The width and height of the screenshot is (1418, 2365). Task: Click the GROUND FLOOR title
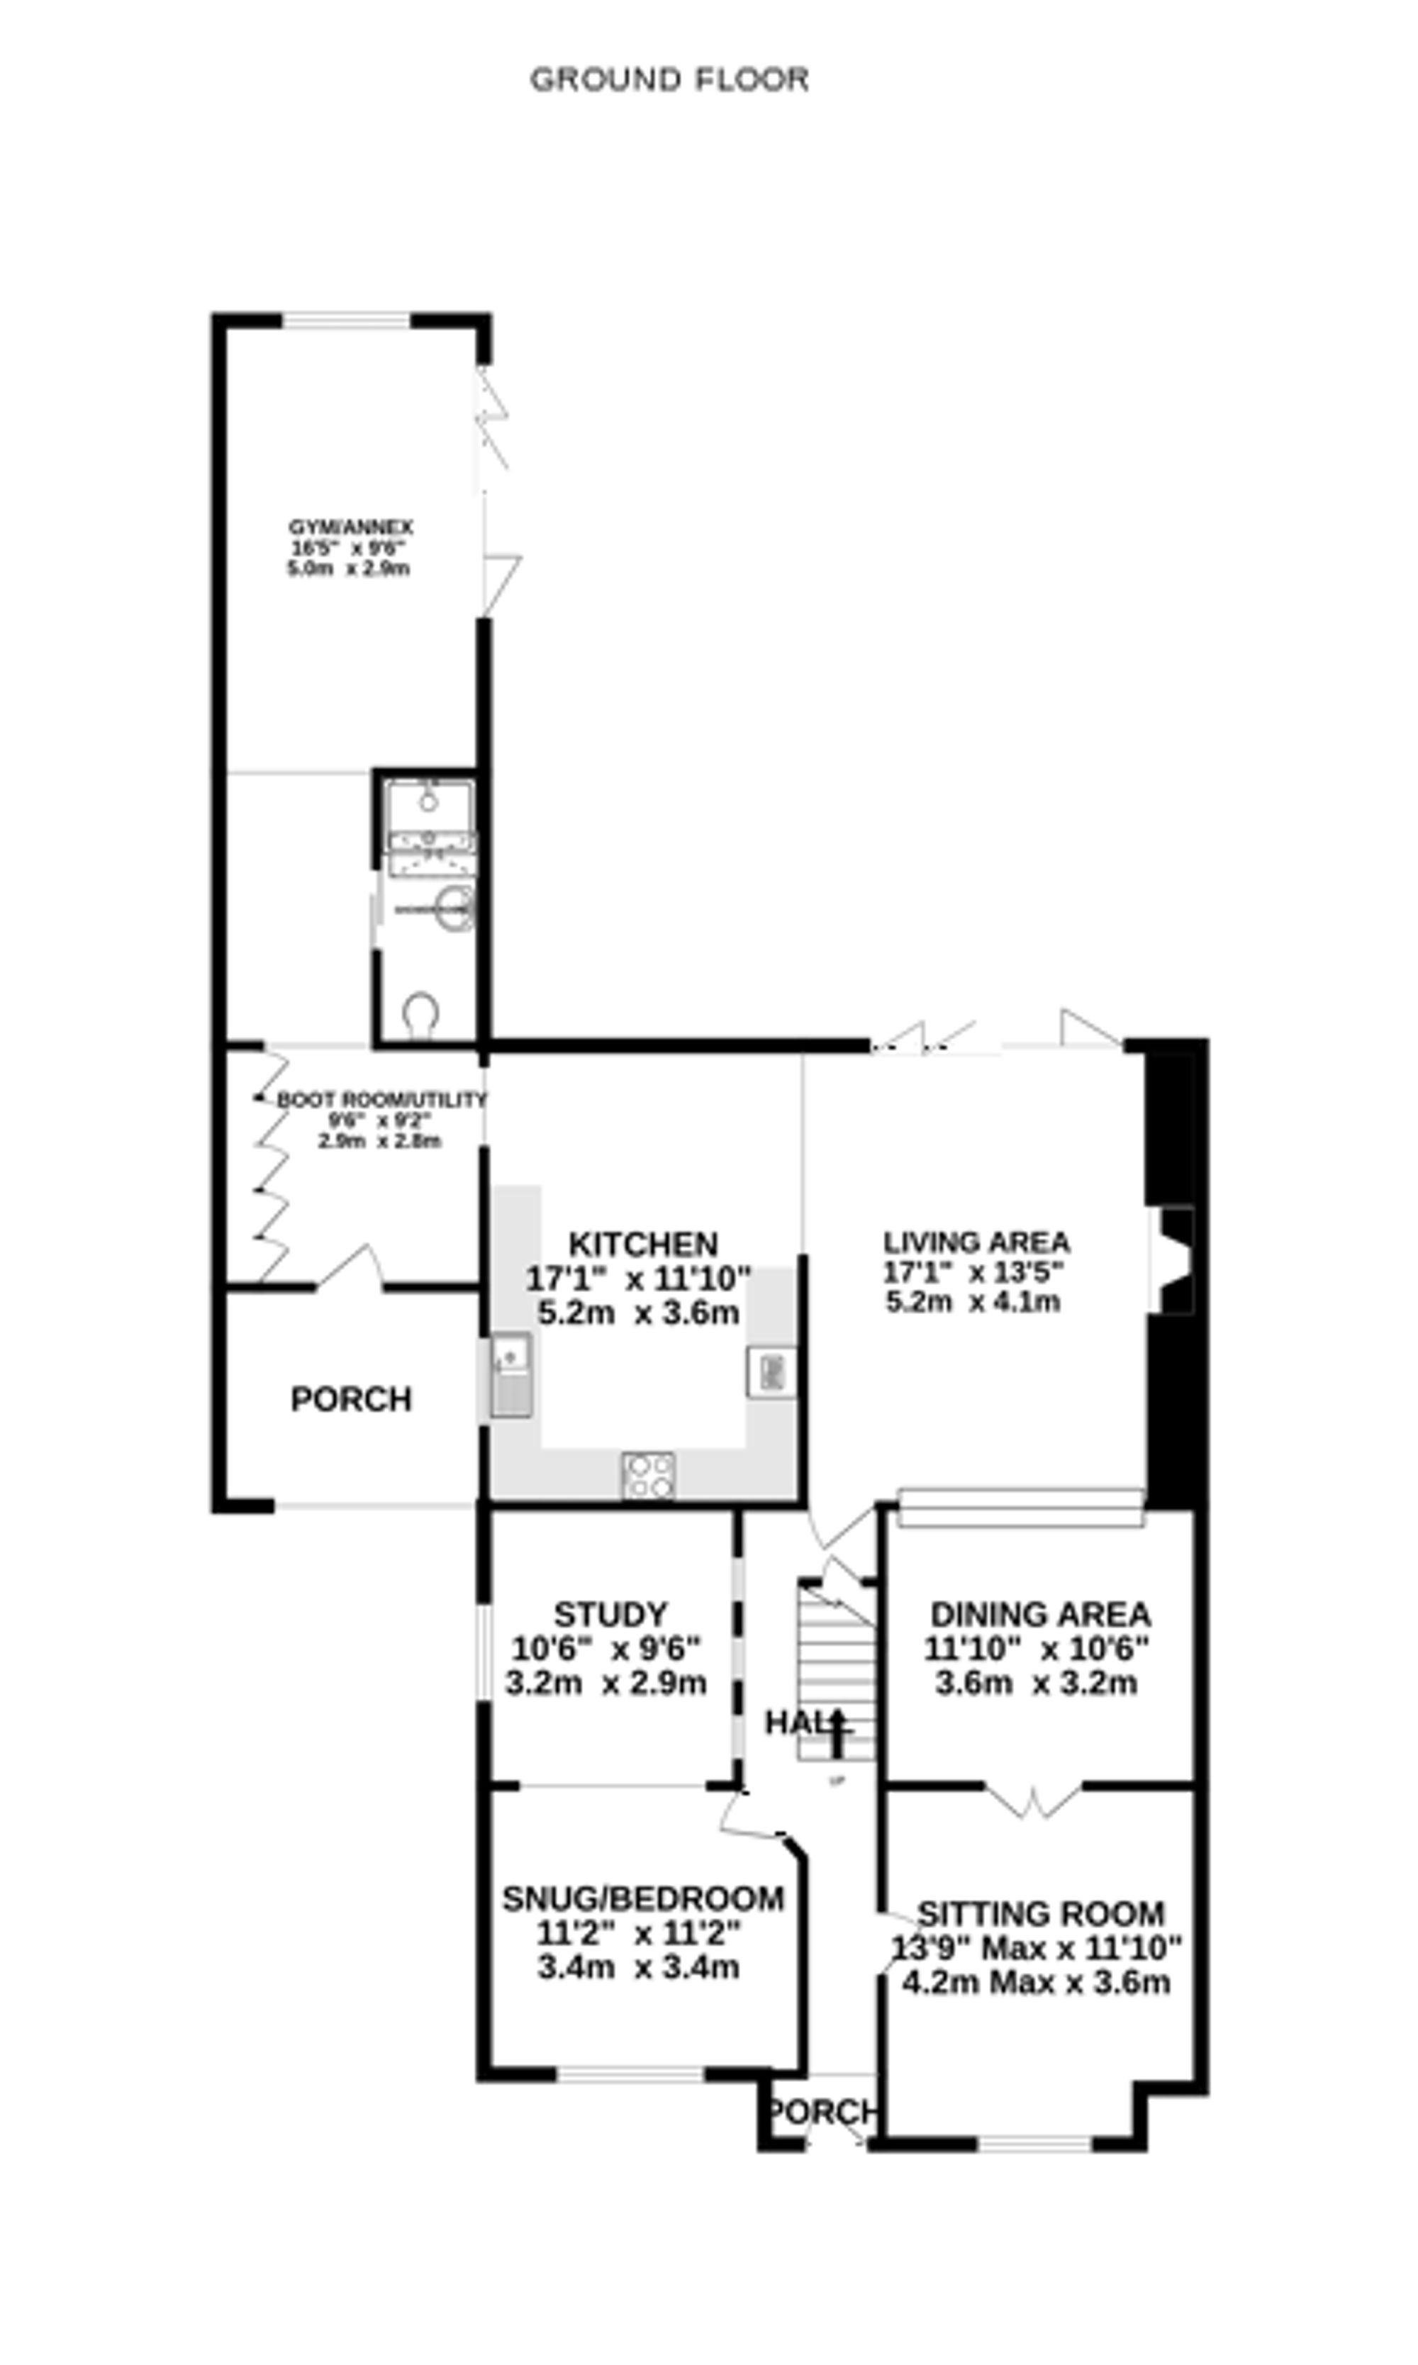[669, 79]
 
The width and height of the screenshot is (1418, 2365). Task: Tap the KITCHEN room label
[643, 1244]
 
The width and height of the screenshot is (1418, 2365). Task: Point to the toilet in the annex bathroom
[420, 1013]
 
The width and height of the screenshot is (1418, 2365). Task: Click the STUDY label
[610, 1614]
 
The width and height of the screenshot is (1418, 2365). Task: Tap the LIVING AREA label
[976, 1242]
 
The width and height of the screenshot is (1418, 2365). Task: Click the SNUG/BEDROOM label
[643, 1898]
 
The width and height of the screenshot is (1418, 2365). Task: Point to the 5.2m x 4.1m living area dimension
[973, 1301]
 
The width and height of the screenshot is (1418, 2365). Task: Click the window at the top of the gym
[346, 321]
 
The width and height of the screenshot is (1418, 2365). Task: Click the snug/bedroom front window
[630, 2074]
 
